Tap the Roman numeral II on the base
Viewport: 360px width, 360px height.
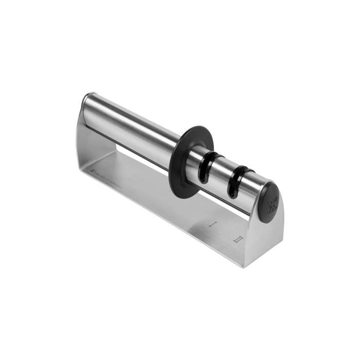point(238,239)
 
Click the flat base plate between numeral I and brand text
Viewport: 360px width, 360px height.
point(165,201)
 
